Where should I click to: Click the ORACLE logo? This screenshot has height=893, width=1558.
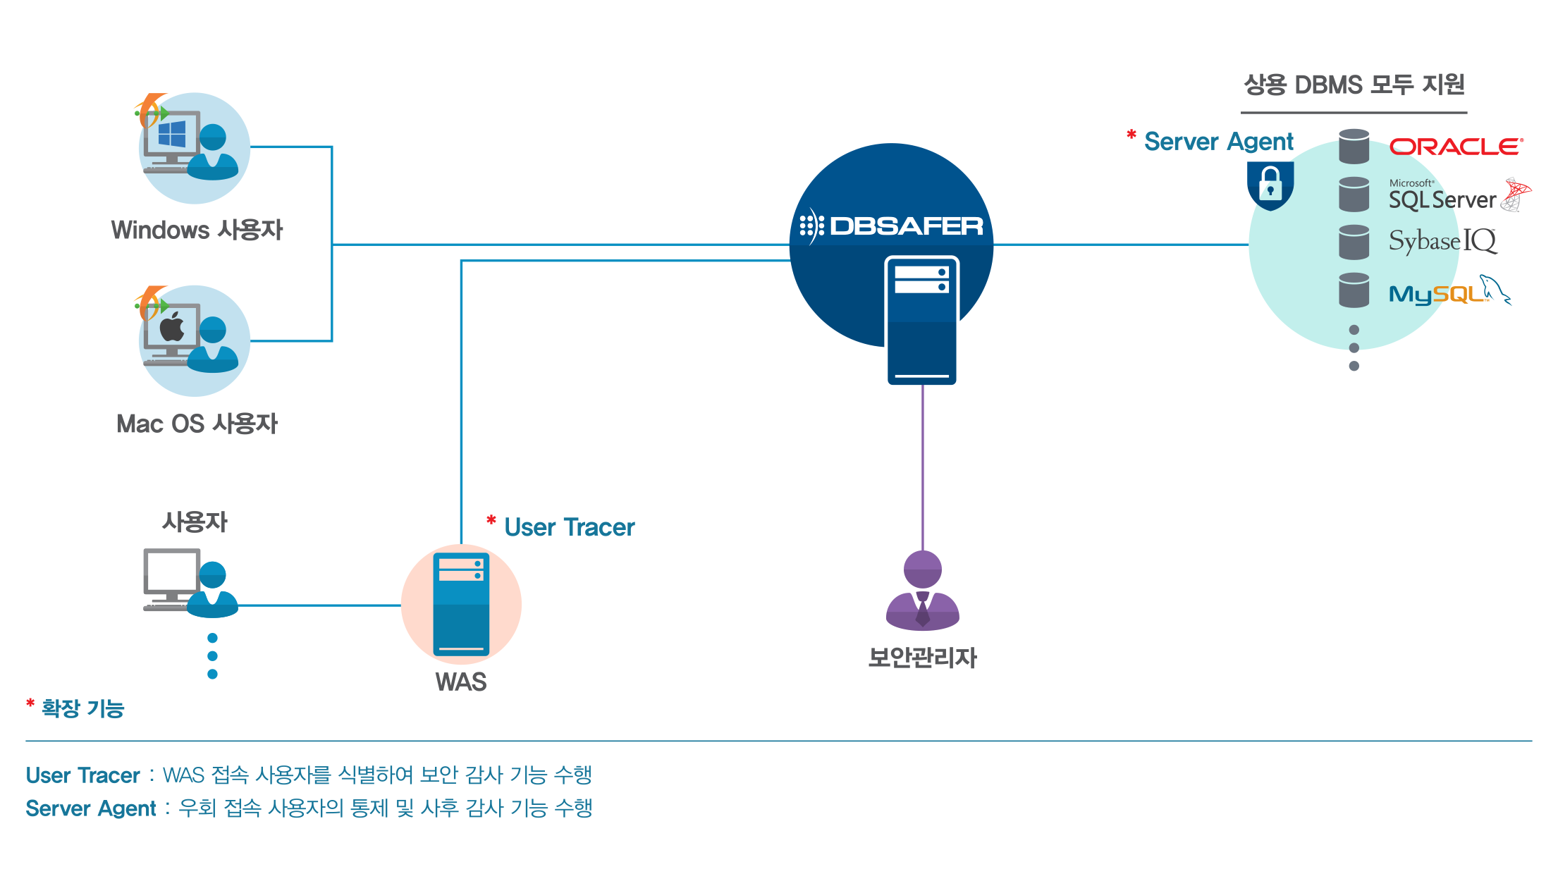point(1456,146)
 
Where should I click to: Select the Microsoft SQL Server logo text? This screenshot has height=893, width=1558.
point(1442,195)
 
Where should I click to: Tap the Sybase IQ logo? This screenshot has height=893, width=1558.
point(1442,241)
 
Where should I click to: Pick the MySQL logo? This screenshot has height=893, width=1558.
point(1449,291)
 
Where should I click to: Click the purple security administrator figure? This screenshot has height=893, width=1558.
point(922,591)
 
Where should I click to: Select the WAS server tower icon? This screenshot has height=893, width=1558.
point(461,605)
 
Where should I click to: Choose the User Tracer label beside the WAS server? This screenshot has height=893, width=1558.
point(570,527)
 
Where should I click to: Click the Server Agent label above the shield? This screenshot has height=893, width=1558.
point(1219,142)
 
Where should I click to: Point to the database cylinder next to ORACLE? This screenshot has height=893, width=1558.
point(1354,147)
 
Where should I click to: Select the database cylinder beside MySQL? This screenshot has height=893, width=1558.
point(1354,290)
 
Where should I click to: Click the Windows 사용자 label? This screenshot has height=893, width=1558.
point(197,230)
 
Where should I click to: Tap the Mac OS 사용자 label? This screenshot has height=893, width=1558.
point(197,424)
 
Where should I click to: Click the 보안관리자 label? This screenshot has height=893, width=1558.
point(922,658)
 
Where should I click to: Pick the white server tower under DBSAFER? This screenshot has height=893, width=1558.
point(921,320)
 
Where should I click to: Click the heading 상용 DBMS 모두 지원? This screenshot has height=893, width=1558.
point(1354,85)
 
